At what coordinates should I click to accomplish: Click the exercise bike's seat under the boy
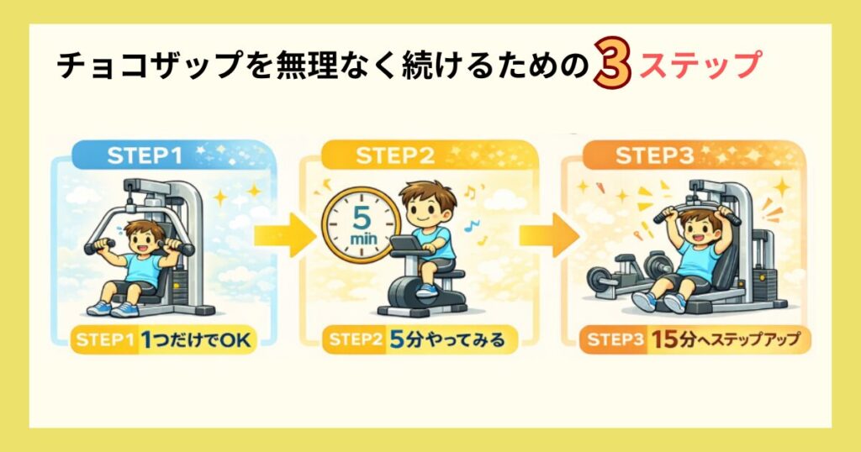(441, 266)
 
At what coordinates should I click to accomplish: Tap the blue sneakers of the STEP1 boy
(114, 308)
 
